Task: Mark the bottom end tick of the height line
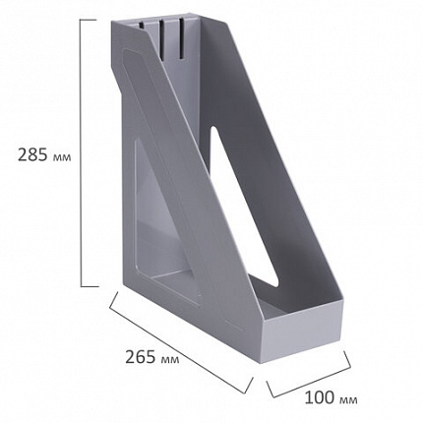point(90,285)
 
